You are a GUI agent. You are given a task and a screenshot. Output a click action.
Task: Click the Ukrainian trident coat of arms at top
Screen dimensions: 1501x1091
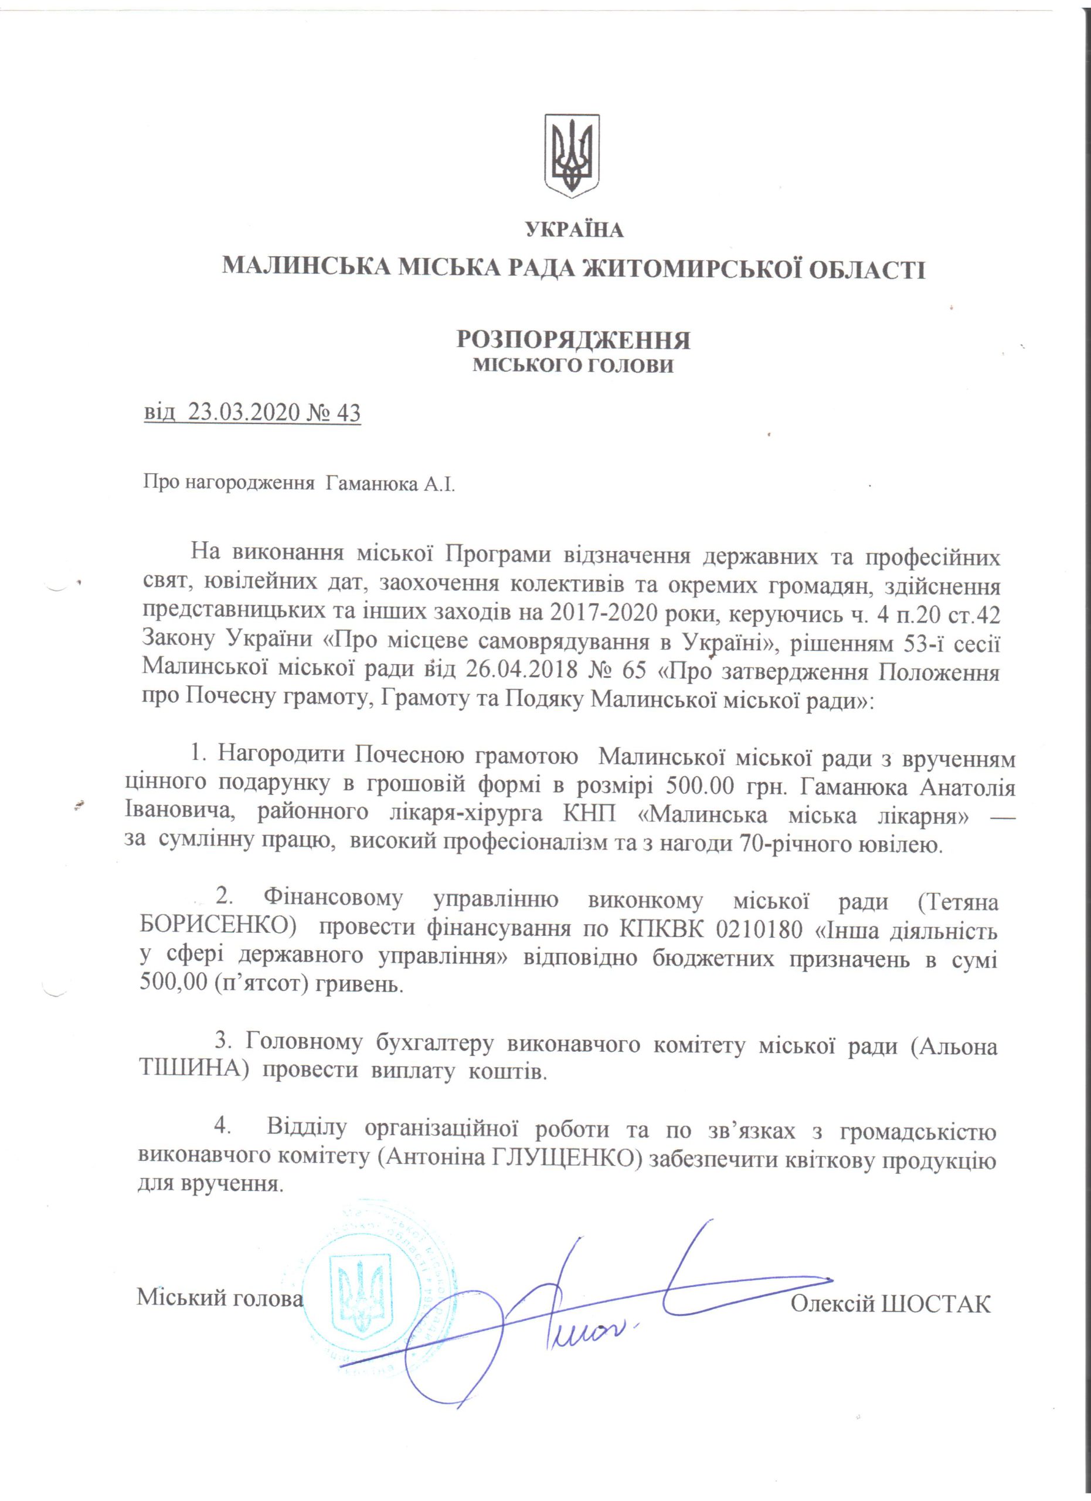[572, 155]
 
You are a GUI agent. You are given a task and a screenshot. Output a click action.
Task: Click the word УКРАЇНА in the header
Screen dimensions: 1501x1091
[575, 230]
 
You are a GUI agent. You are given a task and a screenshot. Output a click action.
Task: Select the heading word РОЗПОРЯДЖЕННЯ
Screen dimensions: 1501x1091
[573, 339]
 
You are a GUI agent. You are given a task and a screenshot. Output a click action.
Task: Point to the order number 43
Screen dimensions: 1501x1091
[348, 413]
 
